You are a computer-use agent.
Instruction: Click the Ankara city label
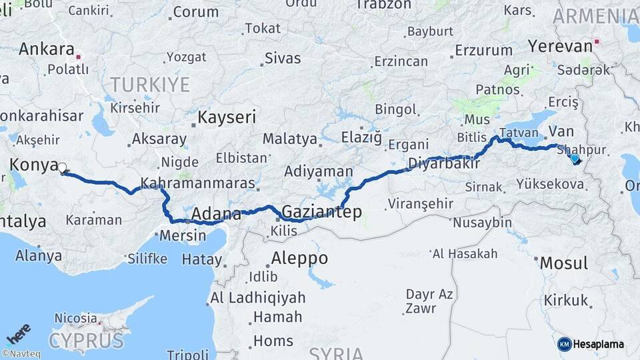coord(46,49)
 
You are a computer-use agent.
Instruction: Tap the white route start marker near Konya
coord(62,168)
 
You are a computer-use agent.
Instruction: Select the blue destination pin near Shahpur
coord(575,159)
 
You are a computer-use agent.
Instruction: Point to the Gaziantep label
coord(322,212)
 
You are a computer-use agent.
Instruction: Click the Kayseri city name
coord(227,118)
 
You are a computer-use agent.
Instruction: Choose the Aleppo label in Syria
coord(299,258)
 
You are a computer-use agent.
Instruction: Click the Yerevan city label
coord(560,46)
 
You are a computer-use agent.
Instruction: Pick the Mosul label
coord(563,263)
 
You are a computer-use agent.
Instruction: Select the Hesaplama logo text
coord(598,344)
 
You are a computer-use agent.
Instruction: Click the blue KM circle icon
coord(564,344)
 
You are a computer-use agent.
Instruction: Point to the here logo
coord(18,333)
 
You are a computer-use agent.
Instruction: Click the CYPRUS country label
coord(86,341)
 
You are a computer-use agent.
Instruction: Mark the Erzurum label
coord(484,50)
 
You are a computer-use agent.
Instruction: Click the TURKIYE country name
coord(150,85)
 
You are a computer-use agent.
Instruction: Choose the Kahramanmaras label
coord(198,183)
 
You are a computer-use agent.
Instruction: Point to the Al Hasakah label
coord(465,253)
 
